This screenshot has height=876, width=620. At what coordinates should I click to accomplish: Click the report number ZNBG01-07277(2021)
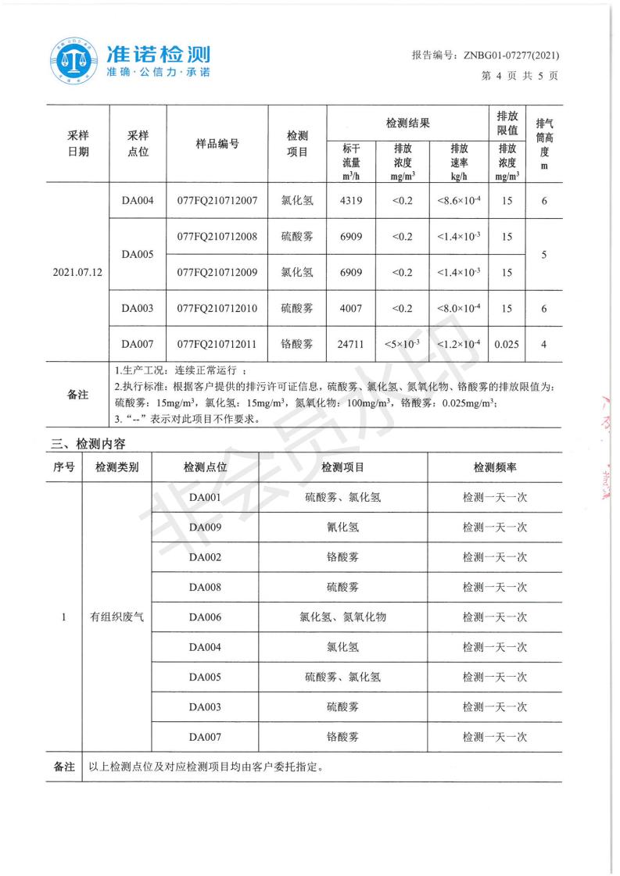pos(485,55)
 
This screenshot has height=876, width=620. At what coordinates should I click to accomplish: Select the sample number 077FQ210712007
pos(217,201)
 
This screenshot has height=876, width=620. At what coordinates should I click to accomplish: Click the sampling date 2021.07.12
pos(78,273)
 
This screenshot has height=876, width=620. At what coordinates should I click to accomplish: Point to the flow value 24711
pos(351,343)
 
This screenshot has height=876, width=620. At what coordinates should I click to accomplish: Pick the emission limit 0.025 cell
pos(507,343)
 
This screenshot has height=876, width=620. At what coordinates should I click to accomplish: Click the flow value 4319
pos(351,201)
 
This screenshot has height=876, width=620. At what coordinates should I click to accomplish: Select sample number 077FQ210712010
pos(217,309)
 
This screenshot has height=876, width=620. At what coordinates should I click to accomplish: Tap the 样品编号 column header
pos(217,144)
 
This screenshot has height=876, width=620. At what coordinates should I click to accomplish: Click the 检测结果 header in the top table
pos(407,123)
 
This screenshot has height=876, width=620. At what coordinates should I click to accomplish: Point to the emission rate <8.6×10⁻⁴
pos(459,201)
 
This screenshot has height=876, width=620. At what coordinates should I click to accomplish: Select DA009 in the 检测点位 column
pos(205,527)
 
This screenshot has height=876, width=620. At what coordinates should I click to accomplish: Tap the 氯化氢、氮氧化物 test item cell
pos(342,617)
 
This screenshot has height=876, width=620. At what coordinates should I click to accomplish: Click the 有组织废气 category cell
pos(117,617)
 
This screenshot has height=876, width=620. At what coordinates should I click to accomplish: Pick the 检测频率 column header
pos(494,467)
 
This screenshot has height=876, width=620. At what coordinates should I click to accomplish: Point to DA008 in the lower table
pos(205,587)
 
